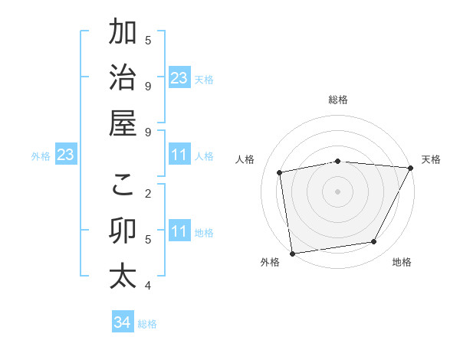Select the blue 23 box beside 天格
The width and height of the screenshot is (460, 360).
point(179,78)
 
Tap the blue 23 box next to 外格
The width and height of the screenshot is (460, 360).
point(66,155)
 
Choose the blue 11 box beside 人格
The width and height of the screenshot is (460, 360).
point(179,155)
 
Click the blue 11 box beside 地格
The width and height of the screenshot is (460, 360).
point(179,231)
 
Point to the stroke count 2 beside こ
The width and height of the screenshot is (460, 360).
point(148,193)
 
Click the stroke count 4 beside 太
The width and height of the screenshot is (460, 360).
point(148,286)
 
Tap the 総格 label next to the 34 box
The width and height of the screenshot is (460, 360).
point(147,324)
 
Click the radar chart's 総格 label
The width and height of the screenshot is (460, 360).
point(337,100)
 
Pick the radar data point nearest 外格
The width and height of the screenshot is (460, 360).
point(292,252)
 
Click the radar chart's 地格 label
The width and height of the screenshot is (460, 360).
point(402,263)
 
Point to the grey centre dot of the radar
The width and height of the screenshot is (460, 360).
point(337,191)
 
